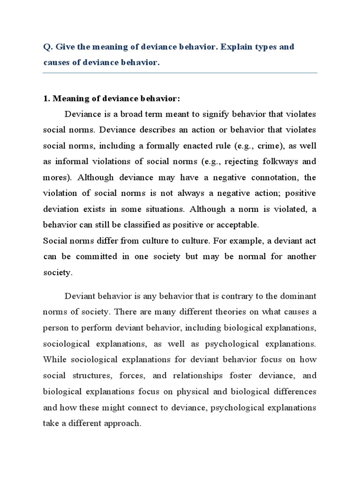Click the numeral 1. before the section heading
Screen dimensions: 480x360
[46, 99]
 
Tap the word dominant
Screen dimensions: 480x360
[299, 296]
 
